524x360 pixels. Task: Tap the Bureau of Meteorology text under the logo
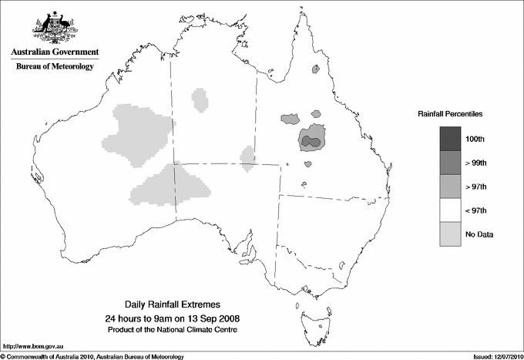55,66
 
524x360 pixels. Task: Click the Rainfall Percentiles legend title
450,114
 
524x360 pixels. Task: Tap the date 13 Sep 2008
212,318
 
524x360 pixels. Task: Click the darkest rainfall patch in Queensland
311,141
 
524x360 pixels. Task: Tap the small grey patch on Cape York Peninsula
315,69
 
